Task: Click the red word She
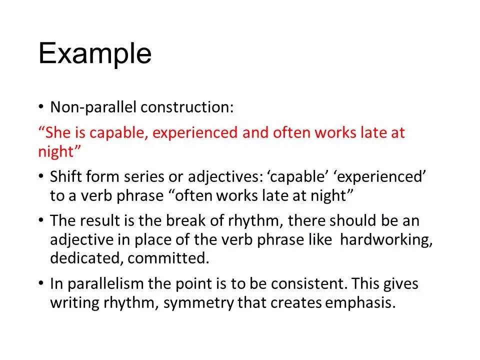60,133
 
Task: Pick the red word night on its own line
56,152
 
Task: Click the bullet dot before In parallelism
41,284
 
